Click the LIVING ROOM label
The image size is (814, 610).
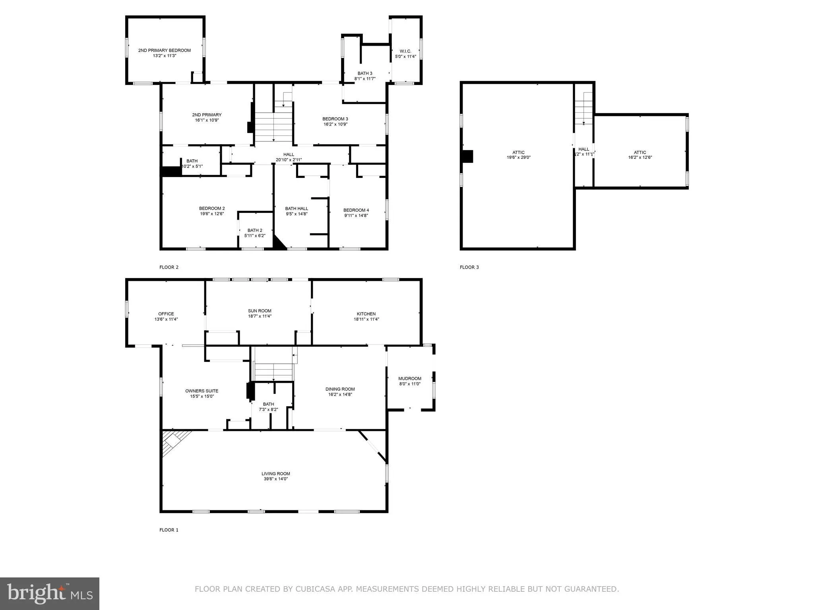point(275,473)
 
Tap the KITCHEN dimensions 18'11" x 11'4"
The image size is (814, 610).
point(366,319)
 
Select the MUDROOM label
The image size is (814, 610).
point(410,378)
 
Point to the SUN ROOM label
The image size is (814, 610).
point(260,311)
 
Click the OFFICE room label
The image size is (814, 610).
point(166,314)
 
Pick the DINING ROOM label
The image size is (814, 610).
point(340,389)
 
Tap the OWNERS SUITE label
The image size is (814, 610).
point(202,391)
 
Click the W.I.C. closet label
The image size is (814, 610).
point(405,51)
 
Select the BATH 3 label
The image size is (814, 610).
point(365,73)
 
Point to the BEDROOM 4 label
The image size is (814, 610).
point(356,210)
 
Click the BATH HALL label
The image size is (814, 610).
point(297,208)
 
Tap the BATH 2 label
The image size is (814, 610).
point(255,230)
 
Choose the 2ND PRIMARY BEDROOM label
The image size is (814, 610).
point(165,50)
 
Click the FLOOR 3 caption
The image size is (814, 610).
point(469,267)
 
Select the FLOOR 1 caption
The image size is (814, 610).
point(169,530)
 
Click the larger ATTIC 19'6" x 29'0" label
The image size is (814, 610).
point(518,152)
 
